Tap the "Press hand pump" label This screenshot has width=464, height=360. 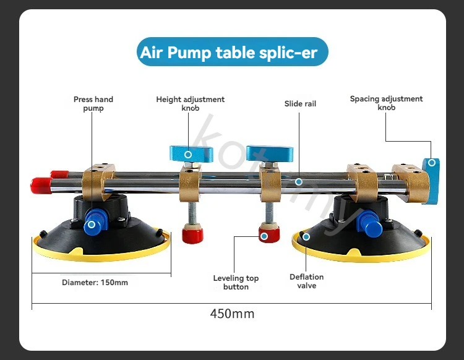pos(93,103)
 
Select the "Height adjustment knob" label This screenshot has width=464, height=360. pos(191,103)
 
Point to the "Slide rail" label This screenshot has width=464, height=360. pos(300,104)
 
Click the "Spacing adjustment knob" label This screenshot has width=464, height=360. pos(386,103)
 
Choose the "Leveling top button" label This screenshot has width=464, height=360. pos(236,283)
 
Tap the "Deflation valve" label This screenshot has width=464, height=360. pos(307,281)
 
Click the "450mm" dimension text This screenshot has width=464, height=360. pos(232,314)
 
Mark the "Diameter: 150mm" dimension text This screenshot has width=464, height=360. pos(95,283)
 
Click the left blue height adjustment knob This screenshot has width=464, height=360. pos(191,153)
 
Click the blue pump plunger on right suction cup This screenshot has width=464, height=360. pos(372,226)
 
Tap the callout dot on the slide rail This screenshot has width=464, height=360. pos(299,182)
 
